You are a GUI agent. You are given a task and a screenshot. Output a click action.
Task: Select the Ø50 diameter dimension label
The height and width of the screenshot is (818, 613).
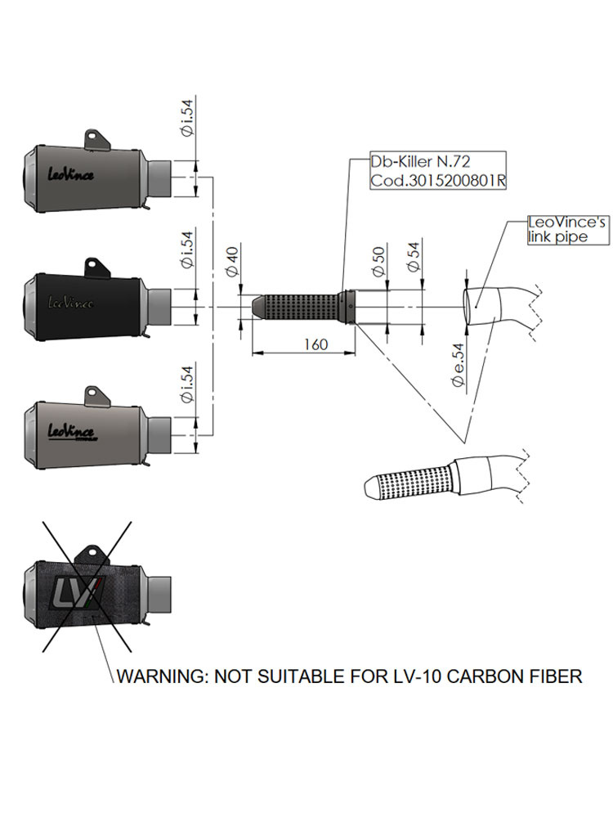[376, 258]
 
